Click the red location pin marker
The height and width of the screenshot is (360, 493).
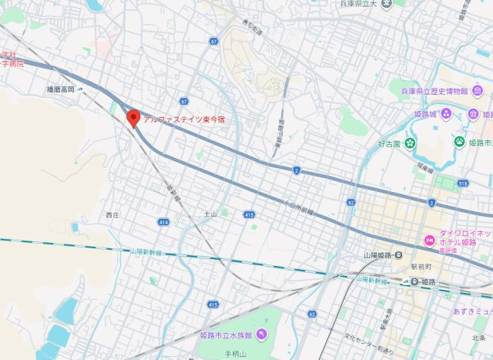click(133, 118)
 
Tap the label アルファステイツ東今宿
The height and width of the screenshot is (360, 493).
click(189, 120)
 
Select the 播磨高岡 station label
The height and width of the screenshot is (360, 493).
click(60, 90)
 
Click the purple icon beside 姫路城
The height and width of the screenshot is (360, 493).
click(472, 115)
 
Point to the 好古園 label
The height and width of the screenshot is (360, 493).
click(389, 143)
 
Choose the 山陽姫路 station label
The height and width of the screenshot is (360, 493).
click(379, 255)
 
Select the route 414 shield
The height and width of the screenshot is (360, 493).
click(163, 221)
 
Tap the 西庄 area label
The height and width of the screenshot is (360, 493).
click(113, 215)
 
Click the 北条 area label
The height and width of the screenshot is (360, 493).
click(478, 338)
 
